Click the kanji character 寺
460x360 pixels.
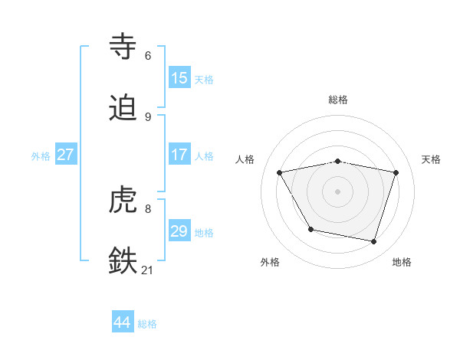[x=123, y=47]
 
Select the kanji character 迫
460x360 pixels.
[x=123, y=108]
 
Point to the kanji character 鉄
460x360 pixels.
[x=123, y=261]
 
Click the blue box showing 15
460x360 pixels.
[x=179, y=77]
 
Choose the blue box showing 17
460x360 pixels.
[x=179, y=154]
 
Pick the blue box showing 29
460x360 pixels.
[x=179, y=231]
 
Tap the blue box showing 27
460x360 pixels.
[x=66, y=154]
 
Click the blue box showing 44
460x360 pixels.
[x=123, y=322]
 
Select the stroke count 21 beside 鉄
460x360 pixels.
[x=148, y=270]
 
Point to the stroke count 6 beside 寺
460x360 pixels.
[x=148, y=55]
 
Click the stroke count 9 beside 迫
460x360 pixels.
[x=148, y=116]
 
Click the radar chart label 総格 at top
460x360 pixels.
[x=338, y=100]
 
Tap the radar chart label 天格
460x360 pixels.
[x=432, y=159]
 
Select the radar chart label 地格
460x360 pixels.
[x=402, y=262]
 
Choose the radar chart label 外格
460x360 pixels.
[x=270, y=262]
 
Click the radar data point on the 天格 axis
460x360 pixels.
[x=396, y=172]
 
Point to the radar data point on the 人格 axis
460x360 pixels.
[x=280, y=172]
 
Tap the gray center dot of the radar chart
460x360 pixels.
[x=338, y=191]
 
